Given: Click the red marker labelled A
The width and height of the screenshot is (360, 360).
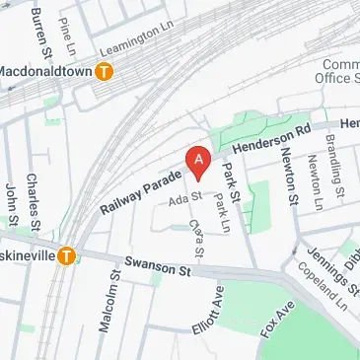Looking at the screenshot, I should pyautogui.click(x=199, y=162).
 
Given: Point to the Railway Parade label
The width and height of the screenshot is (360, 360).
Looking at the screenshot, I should pyautogui.click(x=141, y=192).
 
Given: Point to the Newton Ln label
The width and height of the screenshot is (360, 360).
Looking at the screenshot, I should pyautogui.click(x=315, y=182).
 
